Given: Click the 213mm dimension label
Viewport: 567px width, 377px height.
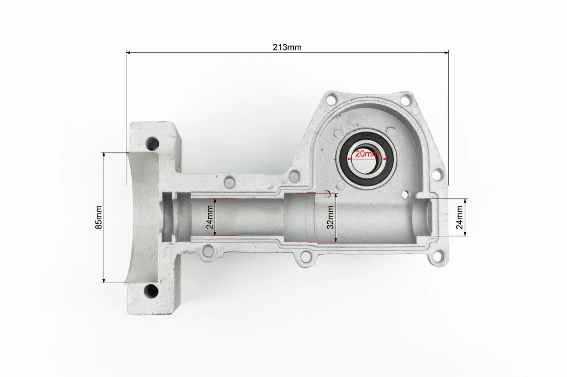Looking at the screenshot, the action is tap(287, 47).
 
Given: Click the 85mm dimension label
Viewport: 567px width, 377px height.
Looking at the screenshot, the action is tap(98, 218).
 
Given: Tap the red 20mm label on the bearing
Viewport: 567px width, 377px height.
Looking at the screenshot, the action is tap(367, 153).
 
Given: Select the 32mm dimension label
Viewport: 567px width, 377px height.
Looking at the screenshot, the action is tap(330, 217).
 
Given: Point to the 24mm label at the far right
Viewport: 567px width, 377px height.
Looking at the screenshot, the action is tap(459, 217).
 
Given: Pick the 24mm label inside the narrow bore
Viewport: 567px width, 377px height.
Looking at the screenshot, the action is tap(210, 217).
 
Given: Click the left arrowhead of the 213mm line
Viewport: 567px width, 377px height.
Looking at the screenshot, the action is tap(128, 53).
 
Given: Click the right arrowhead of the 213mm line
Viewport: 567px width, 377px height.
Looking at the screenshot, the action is tap(447, 53).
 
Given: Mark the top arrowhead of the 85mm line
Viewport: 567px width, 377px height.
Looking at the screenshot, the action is tap(104, 155).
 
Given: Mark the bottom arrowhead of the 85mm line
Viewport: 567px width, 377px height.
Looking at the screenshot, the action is tap(104, 280).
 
